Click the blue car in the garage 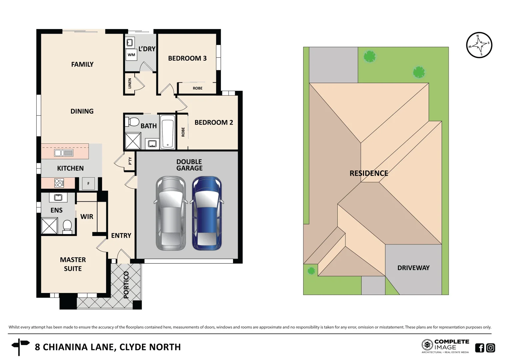(207, 213)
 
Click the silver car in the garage (171, 213)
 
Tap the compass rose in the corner (479, 45)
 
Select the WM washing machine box (131, 55)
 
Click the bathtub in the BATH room (167, 132)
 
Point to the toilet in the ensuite (67, 226)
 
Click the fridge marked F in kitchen (88, 183)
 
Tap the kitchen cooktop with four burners (59, 183)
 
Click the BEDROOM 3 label (187, 58)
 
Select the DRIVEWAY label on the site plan (413, 268)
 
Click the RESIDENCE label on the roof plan (369, 173)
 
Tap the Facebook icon (479, 348)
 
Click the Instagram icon (491, 348)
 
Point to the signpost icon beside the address (20, 347)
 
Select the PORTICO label (126, 285)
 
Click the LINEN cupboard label (130, 83)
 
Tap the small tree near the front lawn (311, 271)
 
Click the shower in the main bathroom (133, 141)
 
